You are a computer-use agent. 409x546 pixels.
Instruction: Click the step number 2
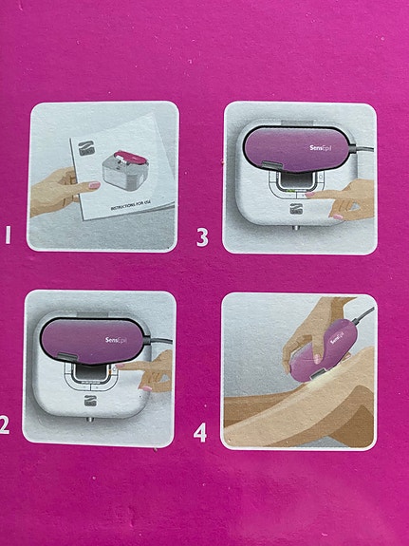[6, 424]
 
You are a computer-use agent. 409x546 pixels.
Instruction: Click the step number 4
[201, 433]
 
